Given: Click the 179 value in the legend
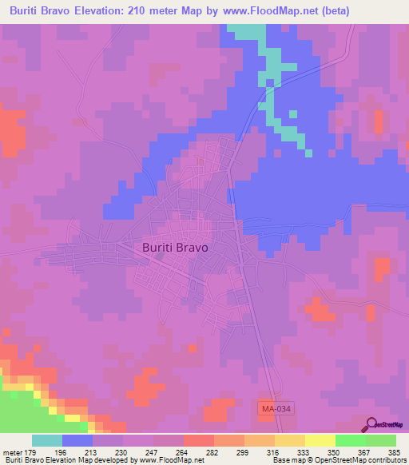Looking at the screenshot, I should click(x=33, y=452).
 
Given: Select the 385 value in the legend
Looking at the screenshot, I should click(x=395, y=452).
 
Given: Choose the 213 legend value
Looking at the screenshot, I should click(x=93, y=452).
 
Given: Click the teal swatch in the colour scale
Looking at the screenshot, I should click(x=47, y=440).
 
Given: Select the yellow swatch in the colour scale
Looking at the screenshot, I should click(x=320, y=440).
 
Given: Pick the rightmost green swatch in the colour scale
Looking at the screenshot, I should click(x=381, y=440).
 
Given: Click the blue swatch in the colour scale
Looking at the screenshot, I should click(x=77, y=440).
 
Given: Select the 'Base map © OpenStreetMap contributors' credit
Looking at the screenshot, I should click(x=340, y=460).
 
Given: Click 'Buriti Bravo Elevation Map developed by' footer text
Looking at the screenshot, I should click(x=68, y=460).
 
